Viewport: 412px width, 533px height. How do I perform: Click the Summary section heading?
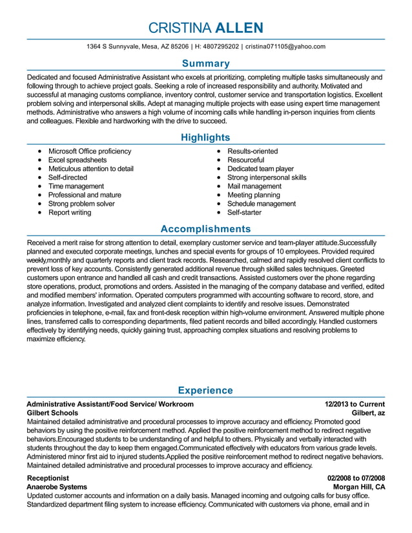tap(205, 63)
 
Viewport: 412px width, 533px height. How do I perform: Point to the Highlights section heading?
tap(205, 137)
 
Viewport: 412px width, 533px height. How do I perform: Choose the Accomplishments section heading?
tap(205, 229)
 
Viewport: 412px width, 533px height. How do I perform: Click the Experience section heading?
tap(205, 390)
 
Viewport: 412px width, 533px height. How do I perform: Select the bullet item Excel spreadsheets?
tap(77, 160)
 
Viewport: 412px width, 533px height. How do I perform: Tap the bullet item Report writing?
tap(70, 212)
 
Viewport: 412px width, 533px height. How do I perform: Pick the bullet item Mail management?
tap(254, 186)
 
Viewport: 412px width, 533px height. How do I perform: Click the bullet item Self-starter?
tap(245, 212)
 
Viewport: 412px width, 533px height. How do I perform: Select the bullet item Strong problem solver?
tap(81, 203)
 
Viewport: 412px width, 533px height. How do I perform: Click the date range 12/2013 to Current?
tap(355, 404)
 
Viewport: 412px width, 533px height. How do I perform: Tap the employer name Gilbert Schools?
tap(52, 413)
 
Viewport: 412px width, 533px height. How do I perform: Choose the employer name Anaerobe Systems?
tap(57, 487)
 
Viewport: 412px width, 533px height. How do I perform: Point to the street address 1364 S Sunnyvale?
tap(116, 46)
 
